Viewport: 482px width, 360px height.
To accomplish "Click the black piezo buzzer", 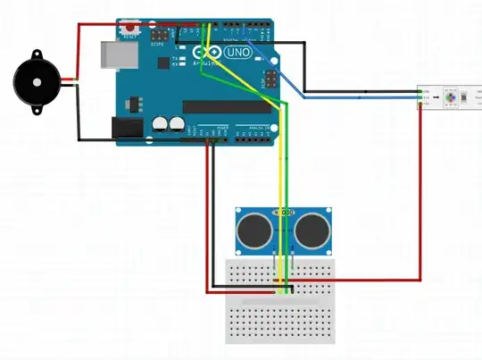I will (x=34, y=82).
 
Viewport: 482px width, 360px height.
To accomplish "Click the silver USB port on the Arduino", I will (x=114, y=55).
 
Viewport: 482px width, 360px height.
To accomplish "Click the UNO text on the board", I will (x=237, y=54).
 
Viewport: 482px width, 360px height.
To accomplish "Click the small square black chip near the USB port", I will (x=164, y=63).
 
